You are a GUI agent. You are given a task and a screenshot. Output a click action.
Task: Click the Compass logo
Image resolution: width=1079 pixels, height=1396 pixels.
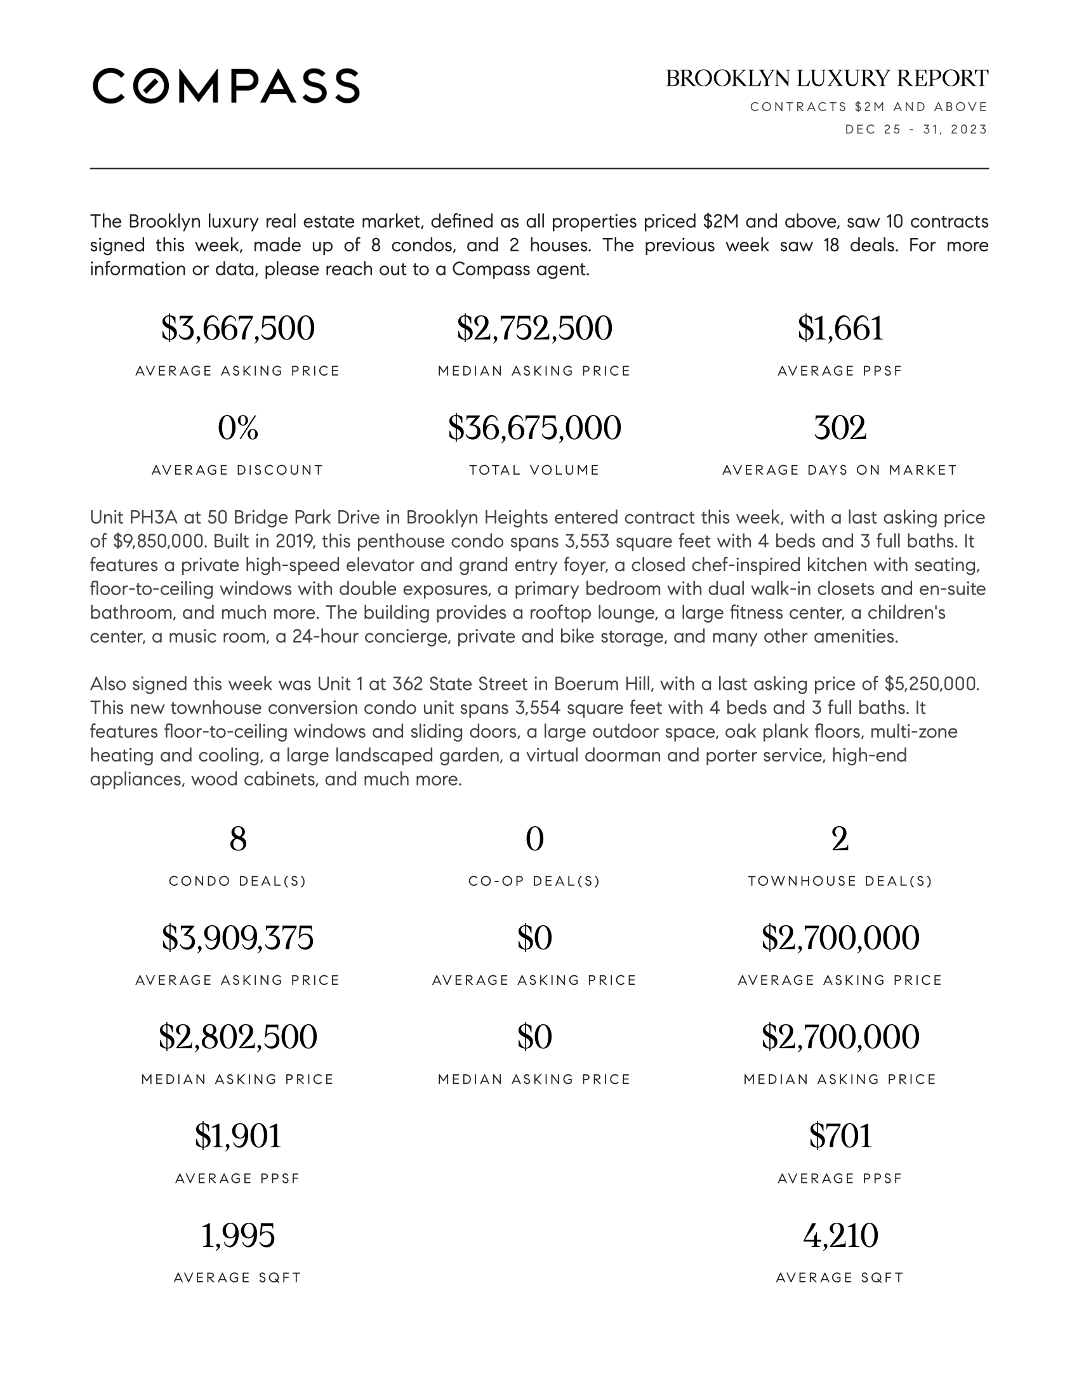(x=226, y=86)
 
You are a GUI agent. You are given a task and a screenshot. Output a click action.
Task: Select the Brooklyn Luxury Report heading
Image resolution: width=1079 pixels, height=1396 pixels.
(x=826, y=79)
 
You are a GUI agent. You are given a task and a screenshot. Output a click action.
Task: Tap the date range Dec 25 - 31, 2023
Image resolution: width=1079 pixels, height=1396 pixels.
(x=916, y=129)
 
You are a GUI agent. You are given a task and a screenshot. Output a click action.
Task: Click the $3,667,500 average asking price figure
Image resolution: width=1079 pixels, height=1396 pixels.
(x=238, y=329)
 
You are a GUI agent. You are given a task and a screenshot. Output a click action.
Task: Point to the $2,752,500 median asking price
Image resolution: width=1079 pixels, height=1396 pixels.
(x=534, y=329)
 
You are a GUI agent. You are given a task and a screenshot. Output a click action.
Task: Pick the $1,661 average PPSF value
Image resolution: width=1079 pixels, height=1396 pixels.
(x=840, y=329)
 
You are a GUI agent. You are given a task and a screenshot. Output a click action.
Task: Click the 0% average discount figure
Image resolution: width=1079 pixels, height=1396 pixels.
(x=238, y=428)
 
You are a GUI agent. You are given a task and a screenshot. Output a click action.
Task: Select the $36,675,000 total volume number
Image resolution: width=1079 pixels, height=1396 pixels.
(x=534, y=428)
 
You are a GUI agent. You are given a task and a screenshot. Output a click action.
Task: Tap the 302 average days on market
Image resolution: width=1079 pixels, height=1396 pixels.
(x=840, y=428)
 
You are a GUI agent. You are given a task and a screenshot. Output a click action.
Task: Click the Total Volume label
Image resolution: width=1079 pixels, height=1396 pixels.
(x=534, y=470)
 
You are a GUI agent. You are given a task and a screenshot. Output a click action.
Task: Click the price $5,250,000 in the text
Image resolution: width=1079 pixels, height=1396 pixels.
(x=930, y=684)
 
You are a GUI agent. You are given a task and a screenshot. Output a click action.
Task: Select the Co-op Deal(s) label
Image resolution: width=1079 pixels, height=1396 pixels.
(x=534, y=881)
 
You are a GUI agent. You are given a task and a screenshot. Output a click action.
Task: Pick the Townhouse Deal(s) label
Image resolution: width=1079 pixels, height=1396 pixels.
(x=840, y=881)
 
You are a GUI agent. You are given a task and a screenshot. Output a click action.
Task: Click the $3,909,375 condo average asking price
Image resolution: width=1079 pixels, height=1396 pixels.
(x=238, y=938)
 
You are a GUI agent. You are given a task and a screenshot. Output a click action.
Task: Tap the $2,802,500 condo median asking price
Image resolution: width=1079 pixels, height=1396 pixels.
(x=238, y=1037)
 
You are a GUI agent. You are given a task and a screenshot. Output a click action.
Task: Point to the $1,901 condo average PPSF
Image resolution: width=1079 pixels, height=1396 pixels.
(x=238, y=1136)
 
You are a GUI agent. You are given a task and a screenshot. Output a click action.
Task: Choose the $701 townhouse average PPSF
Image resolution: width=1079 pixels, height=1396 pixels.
(x=840, y=1136)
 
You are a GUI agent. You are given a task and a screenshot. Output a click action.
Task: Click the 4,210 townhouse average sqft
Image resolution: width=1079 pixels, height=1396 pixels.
(x=840, y=1235)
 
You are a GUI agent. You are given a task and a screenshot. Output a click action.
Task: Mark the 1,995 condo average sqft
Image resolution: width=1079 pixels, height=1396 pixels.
(x=238, y=1235)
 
